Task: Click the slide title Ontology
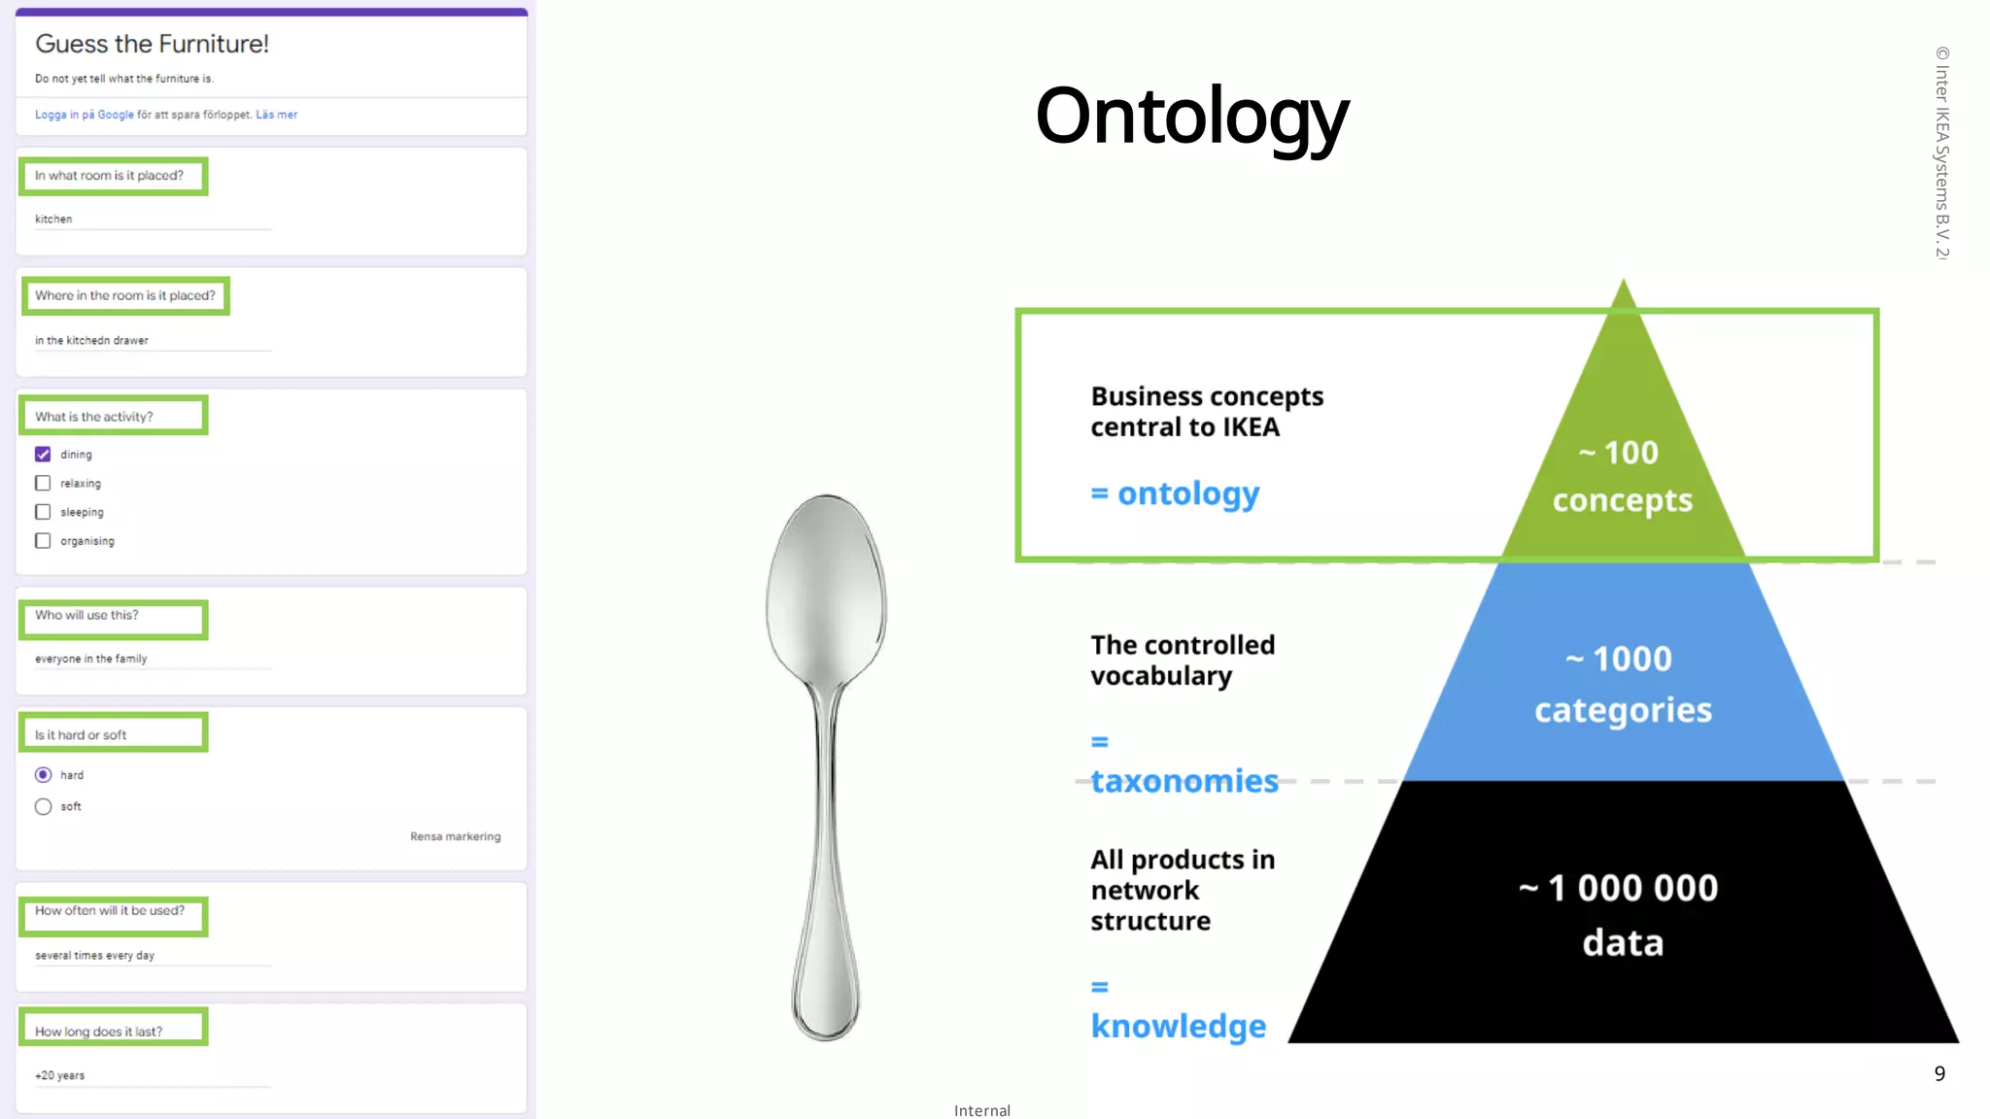[1191, 117]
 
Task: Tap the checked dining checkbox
[43, 455]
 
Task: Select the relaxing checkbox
[43, 483]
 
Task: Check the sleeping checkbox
[43, 512]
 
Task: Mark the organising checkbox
[43, 541]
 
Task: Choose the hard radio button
[43, 775]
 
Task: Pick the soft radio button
[43, 806]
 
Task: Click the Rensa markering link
[455, 836]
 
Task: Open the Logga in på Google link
[85, 115]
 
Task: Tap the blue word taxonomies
[1184, 781]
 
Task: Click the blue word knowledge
[1178, 1026]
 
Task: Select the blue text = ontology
[1175, 493]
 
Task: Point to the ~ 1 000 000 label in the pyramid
[1619, 888]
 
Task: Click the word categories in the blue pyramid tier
[1623, 710]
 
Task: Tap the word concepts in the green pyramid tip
[1622, 500]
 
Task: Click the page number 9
[1939, 1073]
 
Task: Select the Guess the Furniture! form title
[152, 44]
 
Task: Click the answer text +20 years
[60, 1075]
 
